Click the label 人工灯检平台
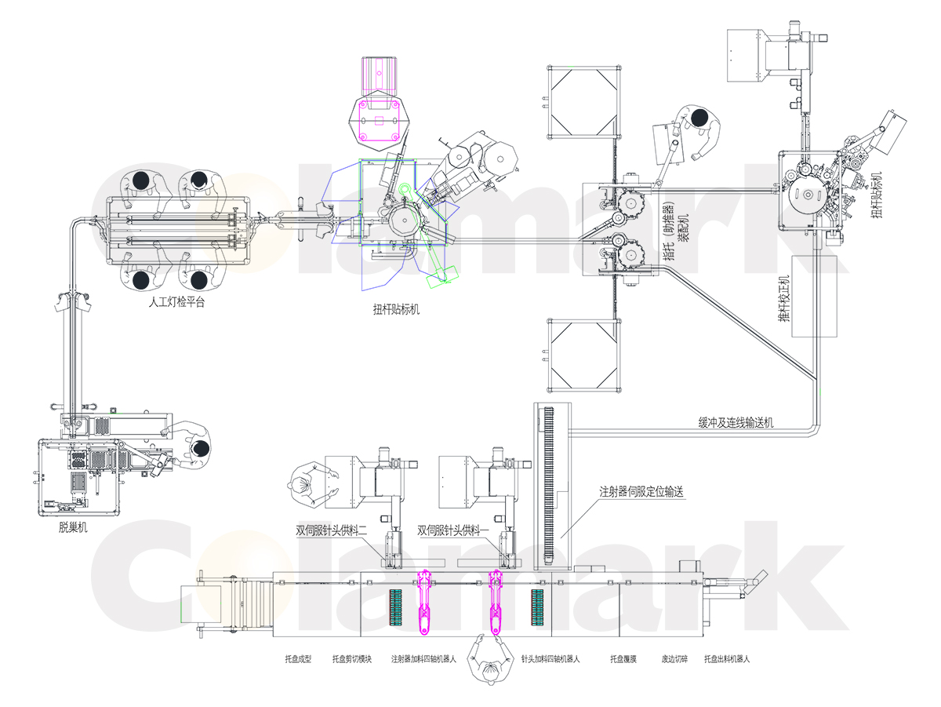point(176,302)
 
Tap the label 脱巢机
point(72,528)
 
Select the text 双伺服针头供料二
point(332,530)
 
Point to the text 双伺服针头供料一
point(453,530)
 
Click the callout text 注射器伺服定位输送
point(642,493)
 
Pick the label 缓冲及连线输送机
point(736,422)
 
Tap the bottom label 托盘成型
point(297,660)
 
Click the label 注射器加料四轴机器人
point(423,660)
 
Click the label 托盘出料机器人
point(726,660)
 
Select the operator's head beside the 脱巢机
point(202,448)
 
